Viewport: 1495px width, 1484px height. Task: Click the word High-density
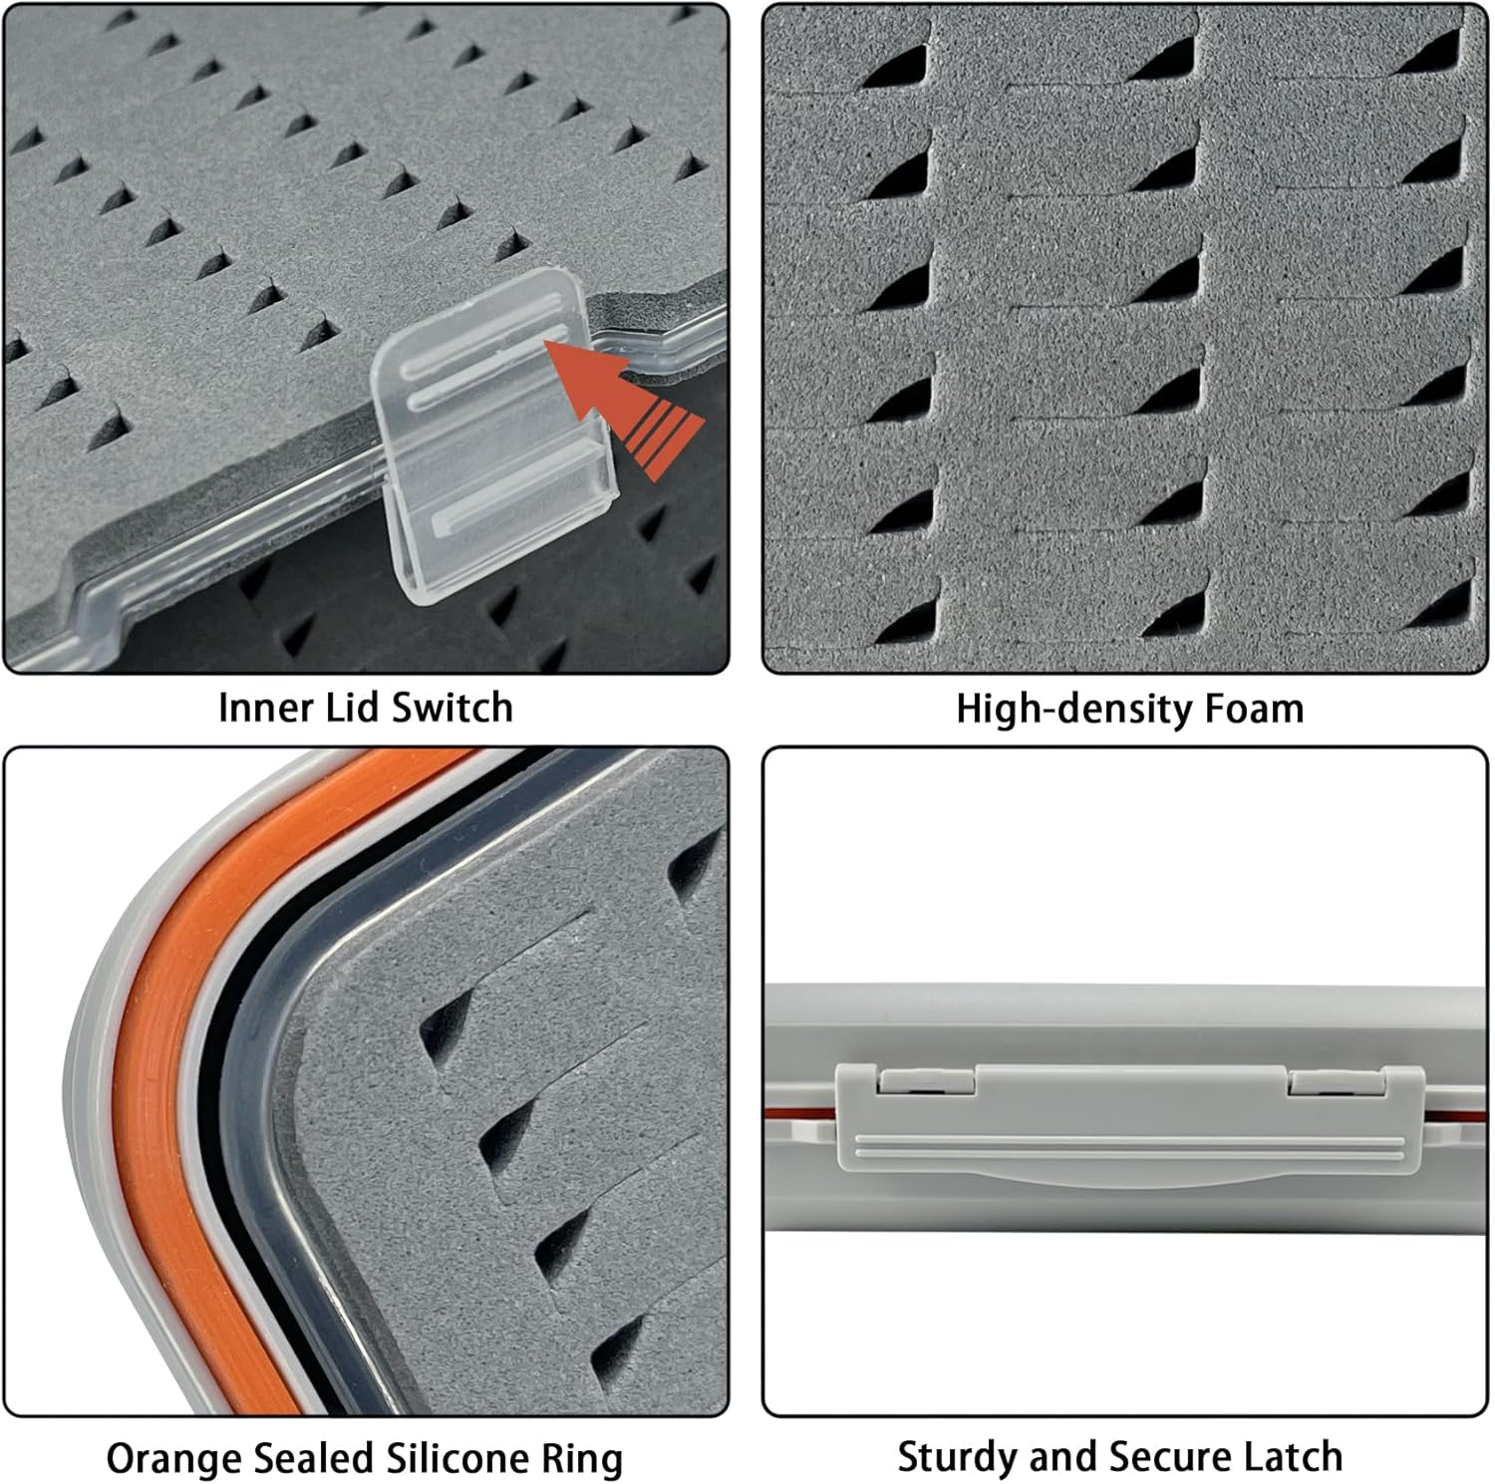click(x=1074, y=710)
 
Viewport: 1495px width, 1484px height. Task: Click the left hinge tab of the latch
click(x=926, y=1080)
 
